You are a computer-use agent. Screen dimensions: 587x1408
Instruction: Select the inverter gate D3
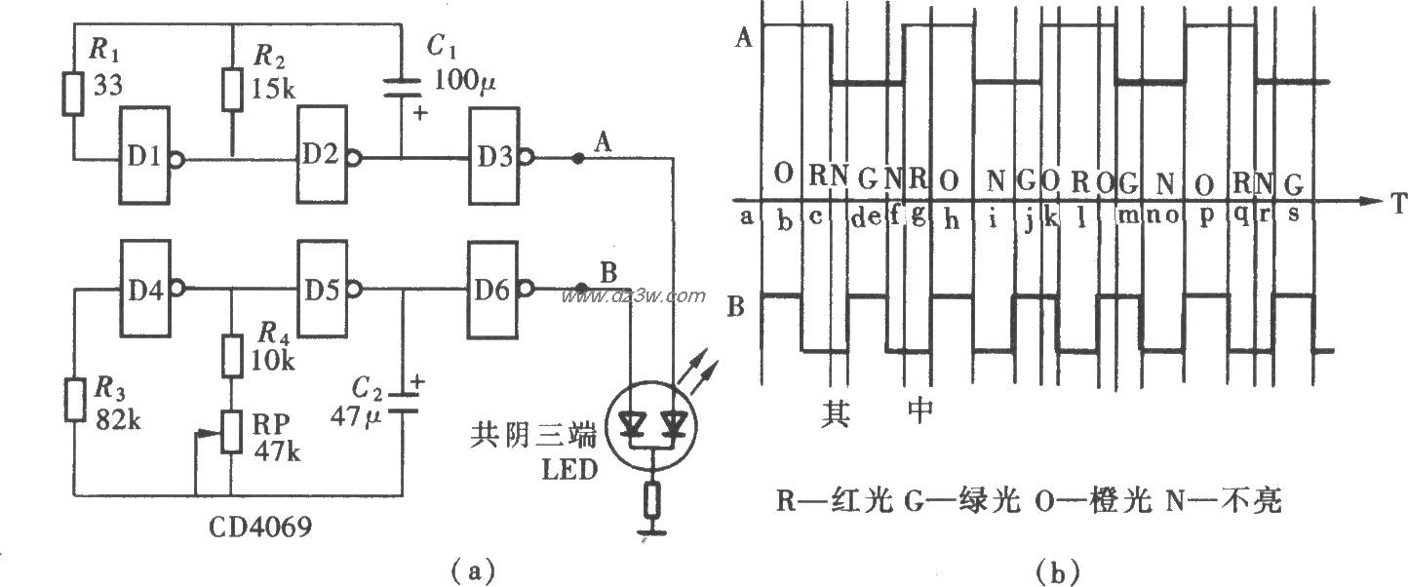498,156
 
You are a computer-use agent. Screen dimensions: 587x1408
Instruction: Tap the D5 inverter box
326,289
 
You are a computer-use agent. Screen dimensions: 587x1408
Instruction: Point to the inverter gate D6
498,289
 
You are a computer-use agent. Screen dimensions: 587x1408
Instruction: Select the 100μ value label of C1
462,83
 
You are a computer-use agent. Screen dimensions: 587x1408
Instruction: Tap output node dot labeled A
578,158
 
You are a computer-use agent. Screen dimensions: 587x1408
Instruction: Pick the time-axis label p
1206,218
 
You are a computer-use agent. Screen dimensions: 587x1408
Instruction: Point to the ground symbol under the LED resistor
651,532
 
